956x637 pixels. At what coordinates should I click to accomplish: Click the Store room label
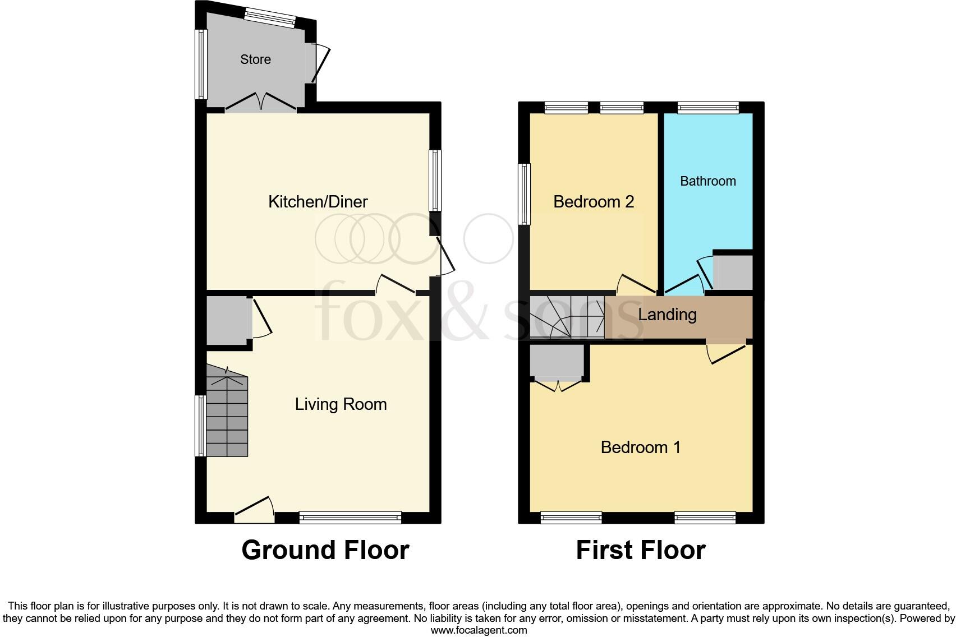(x=255, y=59)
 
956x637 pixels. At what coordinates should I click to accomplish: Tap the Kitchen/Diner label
(x=318, y=202)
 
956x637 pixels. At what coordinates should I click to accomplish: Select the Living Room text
(x=341, y=404)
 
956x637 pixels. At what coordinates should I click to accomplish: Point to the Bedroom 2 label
(x=593, y=202)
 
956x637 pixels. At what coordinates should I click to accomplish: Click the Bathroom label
(x=707, y=181)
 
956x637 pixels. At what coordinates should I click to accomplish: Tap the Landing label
(x=667, y=315)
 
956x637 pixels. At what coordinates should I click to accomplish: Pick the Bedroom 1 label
(x=640, y=447)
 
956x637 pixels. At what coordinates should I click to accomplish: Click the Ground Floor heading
(x=325, y=550)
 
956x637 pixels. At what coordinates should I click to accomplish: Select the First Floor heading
(x=640, y=550)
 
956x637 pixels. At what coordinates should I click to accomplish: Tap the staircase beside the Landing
(x=567, y=317)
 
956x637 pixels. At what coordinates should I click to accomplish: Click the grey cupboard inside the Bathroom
(x=732, y=273)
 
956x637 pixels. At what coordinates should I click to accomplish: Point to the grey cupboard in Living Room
(x=226, y=321)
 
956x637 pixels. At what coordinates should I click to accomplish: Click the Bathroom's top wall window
(x=708, y=108)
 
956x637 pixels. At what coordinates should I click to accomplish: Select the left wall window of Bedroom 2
(x=524, y=194)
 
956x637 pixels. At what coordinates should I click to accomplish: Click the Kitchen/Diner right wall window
(x=435, y=180)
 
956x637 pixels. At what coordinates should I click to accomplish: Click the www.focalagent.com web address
(x=479, y=630)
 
